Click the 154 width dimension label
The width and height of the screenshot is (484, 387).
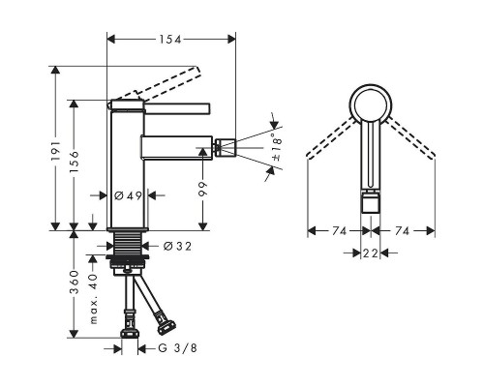(169, 38)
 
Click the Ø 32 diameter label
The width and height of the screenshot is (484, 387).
(175, 247)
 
